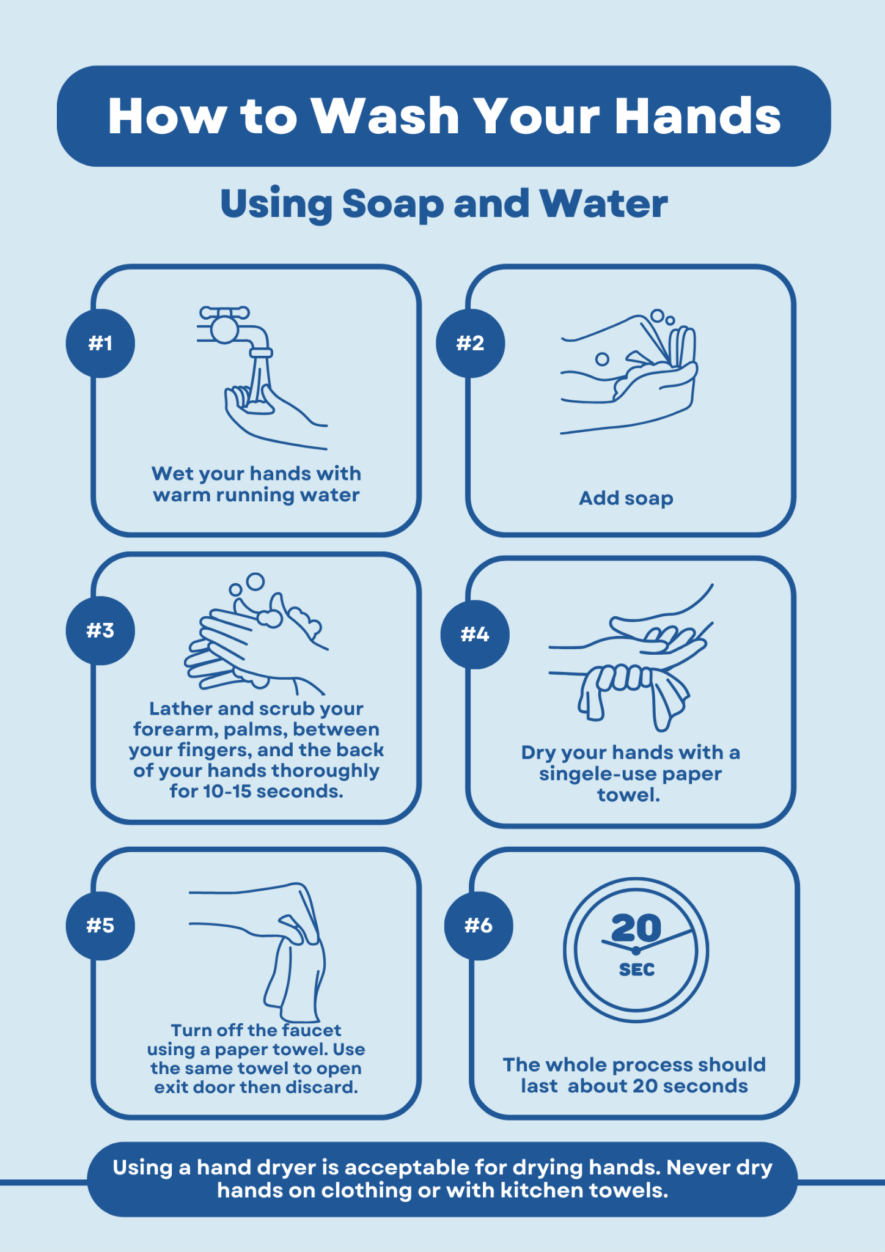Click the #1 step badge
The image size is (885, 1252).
pos(100,343)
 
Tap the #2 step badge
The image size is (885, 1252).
pos(470,343)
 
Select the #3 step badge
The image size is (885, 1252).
pos(100,630)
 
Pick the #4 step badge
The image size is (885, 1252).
pos(475,635)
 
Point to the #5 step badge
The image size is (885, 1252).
pos(100,926)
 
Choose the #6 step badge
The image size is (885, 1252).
pos(479,926)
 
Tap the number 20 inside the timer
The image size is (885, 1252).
pos(636,929)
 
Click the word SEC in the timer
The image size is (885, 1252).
pos(637,970)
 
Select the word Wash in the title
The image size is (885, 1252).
pos(386,116)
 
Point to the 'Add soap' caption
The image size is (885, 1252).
pos(626,499)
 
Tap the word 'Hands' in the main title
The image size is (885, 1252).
pos(698,116)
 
